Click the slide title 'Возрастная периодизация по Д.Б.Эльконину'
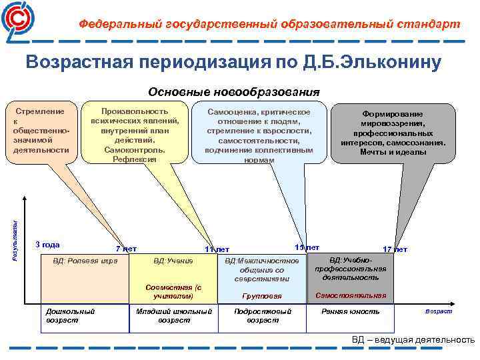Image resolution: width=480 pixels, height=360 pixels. point(233,63)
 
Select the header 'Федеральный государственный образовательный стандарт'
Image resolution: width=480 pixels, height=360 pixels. point(269,24)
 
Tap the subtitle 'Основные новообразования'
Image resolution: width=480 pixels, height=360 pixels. point(234,91)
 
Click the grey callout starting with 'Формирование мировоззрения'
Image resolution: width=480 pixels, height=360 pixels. point(393,133)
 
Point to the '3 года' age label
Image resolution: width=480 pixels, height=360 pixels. point(47,244)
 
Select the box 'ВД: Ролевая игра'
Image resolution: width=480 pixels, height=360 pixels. point(85,261)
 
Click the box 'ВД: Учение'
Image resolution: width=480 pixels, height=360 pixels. point(173,261)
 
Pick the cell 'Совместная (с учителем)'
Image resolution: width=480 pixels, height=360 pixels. point(173,291)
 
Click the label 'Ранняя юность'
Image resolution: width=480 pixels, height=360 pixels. point(351,311)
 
